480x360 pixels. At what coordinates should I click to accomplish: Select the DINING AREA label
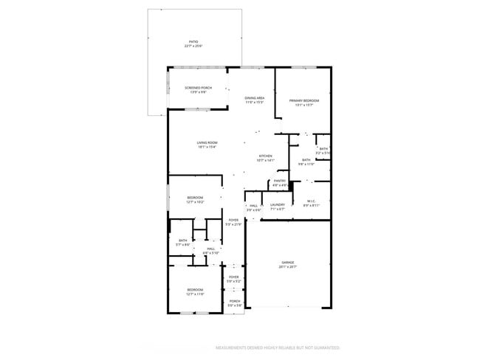pyautogui.click(x=255, y=100)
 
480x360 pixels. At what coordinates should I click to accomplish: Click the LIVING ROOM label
pyautogui.click(x=207, y=144)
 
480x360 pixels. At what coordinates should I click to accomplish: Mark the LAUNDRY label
pyautogui.click(x=278, y=206)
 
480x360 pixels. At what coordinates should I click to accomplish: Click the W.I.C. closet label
pyautogui.click(x=311, y=203)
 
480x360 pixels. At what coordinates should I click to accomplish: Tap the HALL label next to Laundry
pyautogui.click(x=253, y=207)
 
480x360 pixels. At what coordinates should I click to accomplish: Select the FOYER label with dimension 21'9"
pyautogui.click(x=233, y=221)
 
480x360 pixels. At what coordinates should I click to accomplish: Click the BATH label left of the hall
pyautogui.click(x=182, y=241)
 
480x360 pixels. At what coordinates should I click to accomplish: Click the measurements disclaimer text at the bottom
pyautogui.click(x=277, y=347)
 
